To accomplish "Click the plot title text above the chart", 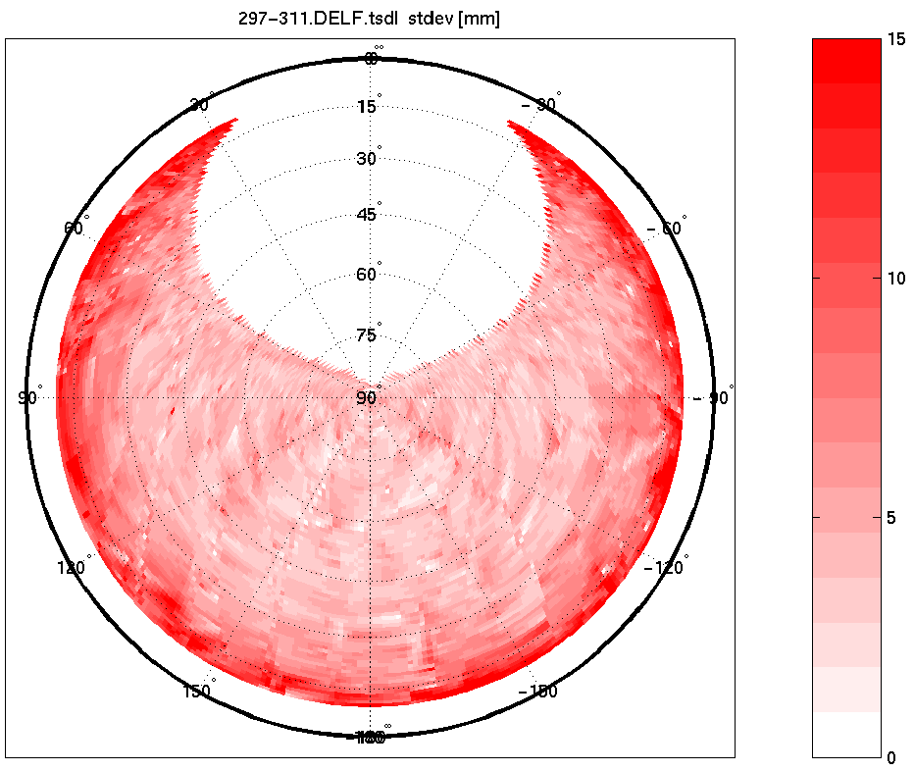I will tap(370, 19).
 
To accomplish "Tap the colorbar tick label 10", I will tap(895, 279).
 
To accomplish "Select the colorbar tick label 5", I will tap(891, 517).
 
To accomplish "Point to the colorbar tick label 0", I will tap(891, 756).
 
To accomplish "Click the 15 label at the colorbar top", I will tap(895, 40).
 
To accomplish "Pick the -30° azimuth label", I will tap(539, 105).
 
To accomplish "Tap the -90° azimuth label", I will tap(713, 398).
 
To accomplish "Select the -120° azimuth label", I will tap(666, 567).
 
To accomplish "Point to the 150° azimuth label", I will tap(199, 692).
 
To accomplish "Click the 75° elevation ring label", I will tap(367, 335).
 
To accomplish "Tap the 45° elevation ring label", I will tap(367, 215).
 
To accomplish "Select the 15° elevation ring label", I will tap(367, 106).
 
